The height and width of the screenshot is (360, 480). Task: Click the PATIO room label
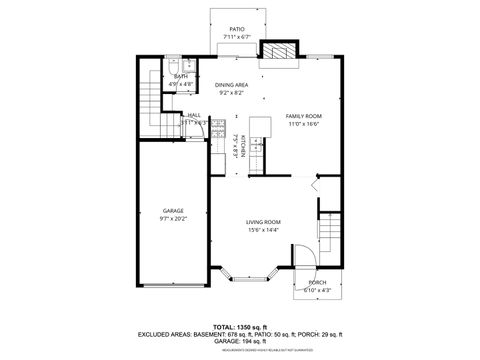tap(237, 30)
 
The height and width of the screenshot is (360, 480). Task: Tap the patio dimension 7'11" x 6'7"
tap(237, 39)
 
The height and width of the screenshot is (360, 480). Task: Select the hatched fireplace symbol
tap(276, 52)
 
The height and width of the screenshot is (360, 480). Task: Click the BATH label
tap(181, 76)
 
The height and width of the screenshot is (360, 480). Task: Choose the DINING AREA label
tap(232, 86)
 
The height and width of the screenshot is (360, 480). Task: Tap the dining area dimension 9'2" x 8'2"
tap(232, 94)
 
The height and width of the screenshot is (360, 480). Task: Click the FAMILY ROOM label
tap(303, 116)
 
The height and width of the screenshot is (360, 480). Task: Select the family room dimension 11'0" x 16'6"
tap(303, 124)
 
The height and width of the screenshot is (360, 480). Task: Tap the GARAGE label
tap(173, 210)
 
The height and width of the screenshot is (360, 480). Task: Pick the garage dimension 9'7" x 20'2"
tap(173, 218)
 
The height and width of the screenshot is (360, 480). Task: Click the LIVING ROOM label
tap(264, 222)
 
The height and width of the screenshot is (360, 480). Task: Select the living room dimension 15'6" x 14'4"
tap(264, 230)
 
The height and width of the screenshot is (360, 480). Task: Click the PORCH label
tap(317, 283)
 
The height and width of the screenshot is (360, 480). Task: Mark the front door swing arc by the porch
tap(307, 258)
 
